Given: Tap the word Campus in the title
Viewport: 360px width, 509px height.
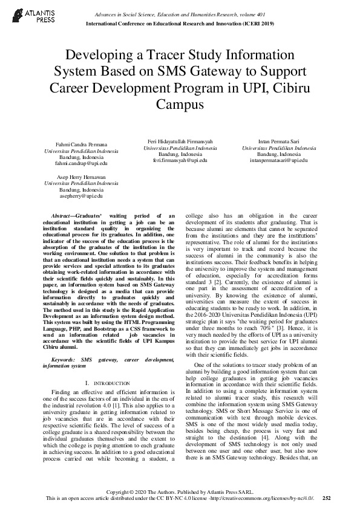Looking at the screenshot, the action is coord(180,103).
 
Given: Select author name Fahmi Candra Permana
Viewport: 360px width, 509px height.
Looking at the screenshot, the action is coord(82,146).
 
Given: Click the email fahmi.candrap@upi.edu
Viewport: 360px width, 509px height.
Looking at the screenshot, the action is coord(82,164).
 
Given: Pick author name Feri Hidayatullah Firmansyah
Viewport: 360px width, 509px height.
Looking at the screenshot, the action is coord(180,141).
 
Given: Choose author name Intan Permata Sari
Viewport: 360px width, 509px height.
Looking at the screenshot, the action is coord(278,141).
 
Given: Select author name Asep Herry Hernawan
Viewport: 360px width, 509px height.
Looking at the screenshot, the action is coord(82,178).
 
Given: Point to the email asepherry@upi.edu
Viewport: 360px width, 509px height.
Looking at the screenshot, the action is coord(82,196).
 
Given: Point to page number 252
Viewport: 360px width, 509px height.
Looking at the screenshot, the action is coord(327,499).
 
